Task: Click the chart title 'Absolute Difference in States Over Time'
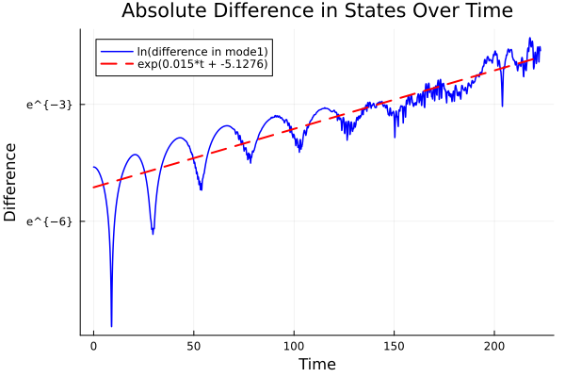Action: pos(316,11)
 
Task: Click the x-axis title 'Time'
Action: pos(316,364)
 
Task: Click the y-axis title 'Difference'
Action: pos(10,182)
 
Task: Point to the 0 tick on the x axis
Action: pos(93,346)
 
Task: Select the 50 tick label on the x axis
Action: pos(193,346)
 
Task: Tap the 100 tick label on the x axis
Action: pos(294,346)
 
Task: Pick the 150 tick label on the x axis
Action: pos(394,346)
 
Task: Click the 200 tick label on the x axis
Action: pos(493,346)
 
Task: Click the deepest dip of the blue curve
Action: pos(111,326)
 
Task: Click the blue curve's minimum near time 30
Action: pos(153,233)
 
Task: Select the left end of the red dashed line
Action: pos(93,187)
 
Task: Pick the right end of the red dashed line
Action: pos(540,57)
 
